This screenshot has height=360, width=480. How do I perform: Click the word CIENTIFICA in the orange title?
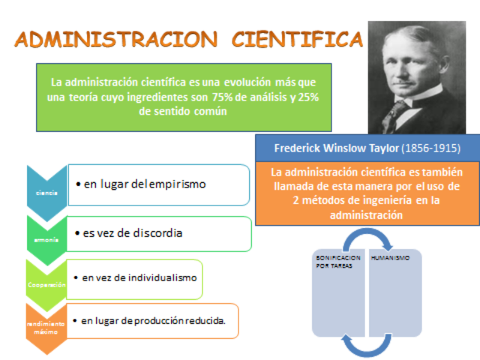(295, 39)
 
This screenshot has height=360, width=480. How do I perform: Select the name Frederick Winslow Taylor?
(337, 148)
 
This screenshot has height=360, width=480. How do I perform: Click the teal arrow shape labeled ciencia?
(46, 192)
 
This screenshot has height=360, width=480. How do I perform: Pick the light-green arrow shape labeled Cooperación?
(46, 283)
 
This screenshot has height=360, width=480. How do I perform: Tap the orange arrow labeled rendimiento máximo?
(46, 327)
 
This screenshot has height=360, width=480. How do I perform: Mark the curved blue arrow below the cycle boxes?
(367, 344)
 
